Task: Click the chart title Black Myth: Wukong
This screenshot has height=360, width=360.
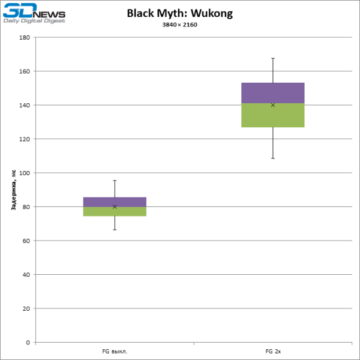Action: [179, 13]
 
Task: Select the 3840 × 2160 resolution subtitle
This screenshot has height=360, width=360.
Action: [179, 25]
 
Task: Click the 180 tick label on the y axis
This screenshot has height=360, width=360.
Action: [25, 37]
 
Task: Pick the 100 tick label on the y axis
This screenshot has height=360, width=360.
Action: [25, 173]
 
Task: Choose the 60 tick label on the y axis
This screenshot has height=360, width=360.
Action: [26, 241]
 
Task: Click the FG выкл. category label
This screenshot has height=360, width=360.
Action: [115, 351]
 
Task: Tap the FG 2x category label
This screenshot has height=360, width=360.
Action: [273, 351]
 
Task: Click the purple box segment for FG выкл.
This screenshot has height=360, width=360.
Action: [115, 202]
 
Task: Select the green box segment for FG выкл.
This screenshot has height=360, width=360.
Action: [115, 211]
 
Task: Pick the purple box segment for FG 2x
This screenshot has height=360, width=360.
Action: [273, 92]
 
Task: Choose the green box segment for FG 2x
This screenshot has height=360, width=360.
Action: [273, 115]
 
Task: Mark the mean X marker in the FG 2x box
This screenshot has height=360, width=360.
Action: [273, 105]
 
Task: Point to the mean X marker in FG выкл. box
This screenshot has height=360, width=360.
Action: [115, 206]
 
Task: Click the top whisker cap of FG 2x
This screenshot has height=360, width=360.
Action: [273, 58]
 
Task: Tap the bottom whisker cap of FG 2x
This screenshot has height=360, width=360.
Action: [273, 158]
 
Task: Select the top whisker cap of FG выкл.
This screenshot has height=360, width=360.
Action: [115, 180]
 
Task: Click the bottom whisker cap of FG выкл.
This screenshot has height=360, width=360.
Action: [115, 230]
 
